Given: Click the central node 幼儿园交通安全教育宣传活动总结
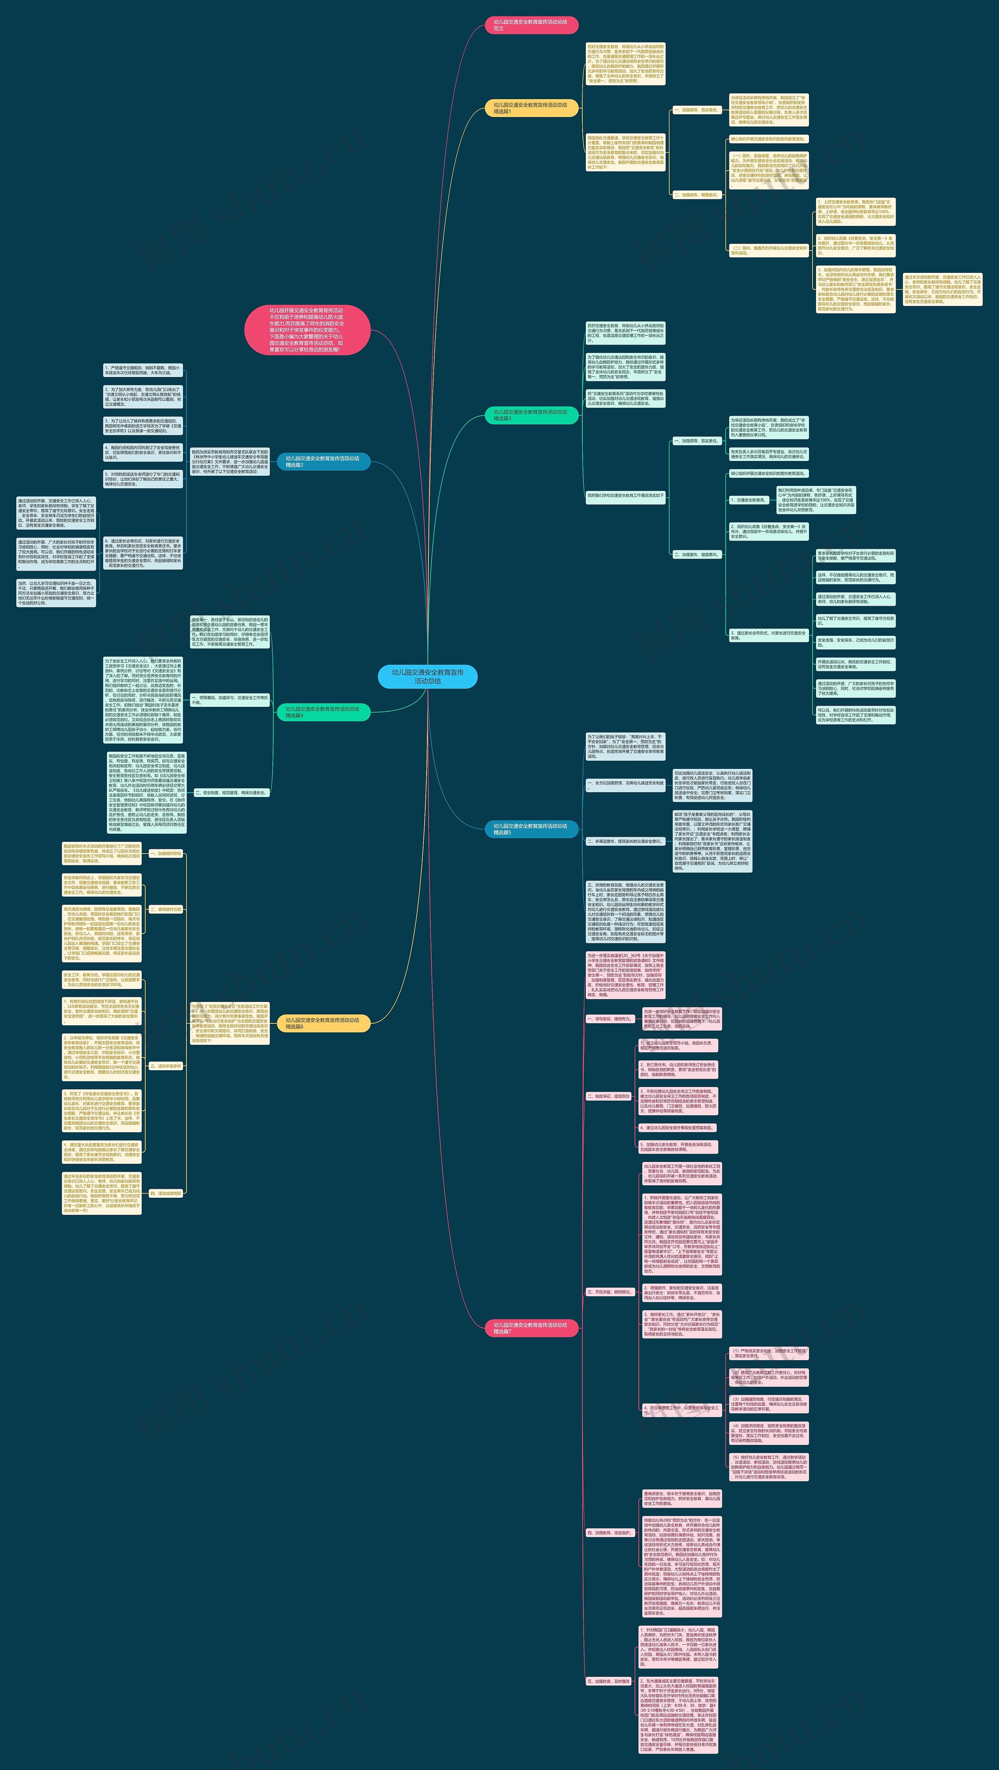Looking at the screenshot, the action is pos(427,676).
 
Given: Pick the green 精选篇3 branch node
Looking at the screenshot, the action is pos(531,415).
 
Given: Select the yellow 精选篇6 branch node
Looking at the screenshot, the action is pos(323,1023).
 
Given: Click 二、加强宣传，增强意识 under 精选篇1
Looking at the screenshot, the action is pos(696,195).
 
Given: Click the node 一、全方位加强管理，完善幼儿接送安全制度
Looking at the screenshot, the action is pos(625,784).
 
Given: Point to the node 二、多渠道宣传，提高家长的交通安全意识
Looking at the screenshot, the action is pos(625,841).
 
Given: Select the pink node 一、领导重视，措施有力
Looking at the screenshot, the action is pos(609,1019).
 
